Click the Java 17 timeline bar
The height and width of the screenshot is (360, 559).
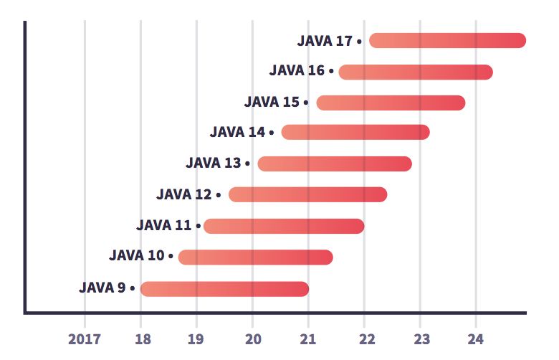[x=447, y=41]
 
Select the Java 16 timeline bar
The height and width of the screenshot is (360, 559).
[x=416, y=72]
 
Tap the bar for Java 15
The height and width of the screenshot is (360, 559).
[x=391, y=103]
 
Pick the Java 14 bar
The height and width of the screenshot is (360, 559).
[x=355, y=132]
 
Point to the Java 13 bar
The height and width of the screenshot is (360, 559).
[x=335, y=164]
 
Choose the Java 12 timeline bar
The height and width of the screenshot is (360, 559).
[x=307, y=194]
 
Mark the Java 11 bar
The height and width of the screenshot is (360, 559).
[x=284, y=226]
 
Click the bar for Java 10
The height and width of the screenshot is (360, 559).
[x=255, y=257]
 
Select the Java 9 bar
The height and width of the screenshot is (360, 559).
[x=224, y=288]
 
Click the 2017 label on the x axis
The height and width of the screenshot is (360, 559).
[x=85, y=338]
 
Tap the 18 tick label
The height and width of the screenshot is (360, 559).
[x=141, y=338]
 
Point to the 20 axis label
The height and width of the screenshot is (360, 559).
[x=252, y=338]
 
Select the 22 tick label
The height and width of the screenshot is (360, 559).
[x=365, y=338]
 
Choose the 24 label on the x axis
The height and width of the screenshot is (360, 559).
[x=477, y=338]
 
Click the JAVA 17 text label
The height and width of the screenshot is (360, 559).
[x=325, y=41]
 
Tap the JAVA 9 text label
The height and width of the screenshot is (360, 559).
[x=102, y=288]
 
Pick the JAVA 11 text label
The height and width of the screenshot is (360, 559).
[x=163, y=226]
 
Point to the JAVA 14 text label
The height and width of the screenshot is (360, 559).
[x=237, y=132]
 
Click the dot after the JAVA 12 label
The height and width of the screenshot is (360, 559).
[x=219, y=195]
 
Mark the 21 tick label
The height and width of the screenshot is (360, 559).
[x=308, y=338]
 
